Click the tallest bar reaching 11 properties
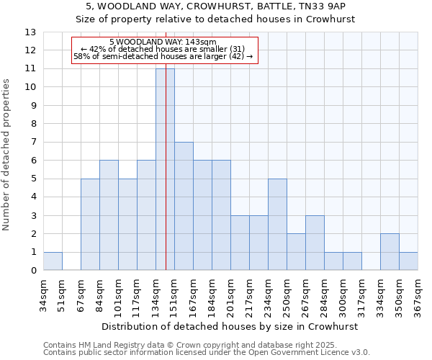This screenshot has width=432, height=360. tap(165, 169)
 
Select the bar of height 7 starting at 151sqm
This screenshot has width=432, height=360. tap(184, 206)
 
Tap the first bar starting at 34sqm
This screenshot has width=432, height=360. tap(53, 261)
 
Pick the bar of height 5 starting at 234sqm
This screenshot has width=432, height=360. tap(277, 225)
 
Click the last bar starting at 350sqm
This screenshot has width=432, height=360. tap(408, 261)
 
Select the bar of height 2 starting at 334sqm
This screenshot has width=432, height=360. tap(390, 252)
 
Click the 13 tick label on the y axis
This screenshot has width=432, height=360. tap(30, 32)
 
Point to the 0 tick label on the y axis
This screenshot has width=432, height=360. tap(33, 271)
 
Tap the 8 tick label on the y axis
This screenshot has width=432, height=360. tap(33, 124)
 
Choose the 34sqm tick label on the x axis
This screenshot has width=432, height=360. tap(43, 293)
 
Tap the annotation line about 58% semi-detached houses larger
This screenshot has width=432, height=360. tap(163, 56)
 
